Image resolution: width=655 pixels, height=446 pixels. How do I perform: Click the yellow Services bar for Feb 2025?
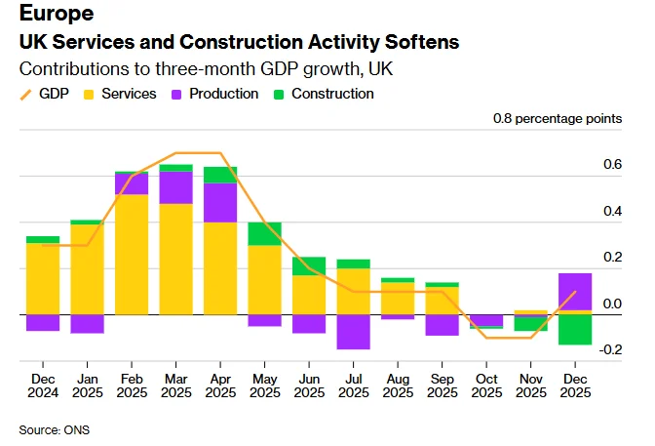pyautogui.click(x=132, y=255)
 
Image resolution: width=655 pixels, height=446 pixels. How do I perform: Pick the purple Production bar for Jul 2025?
pyautogui.click(x=353, y=332)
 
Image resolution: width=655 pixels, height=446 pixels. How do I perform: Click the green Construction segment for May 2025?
pyautogui.click(x=264, y=233)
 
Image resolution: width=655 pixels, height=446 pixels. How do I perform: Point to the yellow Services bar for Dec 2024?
pyautogui.click(x=43, y=278)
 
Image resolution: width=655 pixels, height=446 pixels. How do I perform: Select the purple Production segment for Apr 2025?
pyautogui.click(x=220, y=202)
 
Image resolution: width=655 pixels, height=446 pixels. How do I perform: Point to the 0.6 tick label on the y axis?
pyautogui.click(x=612, y=165)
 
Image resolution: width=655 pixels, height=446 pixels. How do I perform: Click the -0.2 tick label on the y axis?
pyautogui.click(x=610, y=350)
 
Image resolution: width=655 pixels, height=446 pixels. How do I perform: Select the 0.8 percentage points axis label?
pyautogui.click(x=557, y=119)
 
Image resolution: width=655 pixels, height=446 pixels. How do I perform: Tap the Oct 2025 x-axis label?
pyautogui.click(x=486, y=385)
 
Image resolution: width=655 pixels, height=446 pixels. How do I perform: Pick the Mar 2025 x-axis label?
pyautogui.click(x=176, y=385)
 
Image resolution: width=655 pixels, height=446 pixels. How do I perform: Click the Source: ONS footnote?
pyautogui.click(x=55, y=428)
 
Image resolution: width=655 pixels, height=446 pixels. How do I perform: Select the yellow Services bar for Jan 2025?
pyautogui.click(x=87, y=269)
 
